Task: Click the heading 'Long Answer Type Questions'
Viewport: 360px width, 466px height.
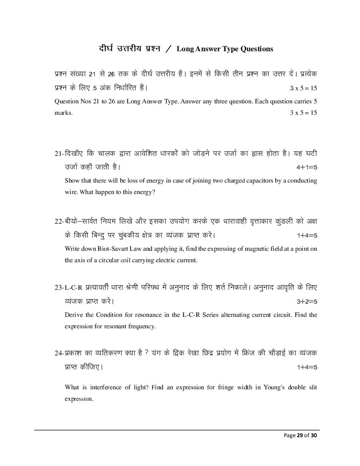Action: [225, 49]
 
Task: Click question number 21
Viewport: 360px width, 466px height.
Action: [58, 153]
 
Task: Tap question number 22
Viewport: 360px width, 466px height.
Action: [58, 221]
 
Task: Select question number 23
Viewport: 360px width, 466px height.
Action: [58, 288]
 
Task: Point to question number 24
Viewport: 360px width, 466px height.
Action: [58, 353]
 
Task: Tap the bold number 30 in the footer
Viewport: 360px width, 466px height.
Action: [313, 435]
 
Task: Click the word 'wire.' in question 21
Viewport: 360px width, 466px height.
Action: [71, 192]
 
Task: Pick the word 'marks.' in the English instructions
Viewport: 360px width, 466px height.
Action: [64, 113]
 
